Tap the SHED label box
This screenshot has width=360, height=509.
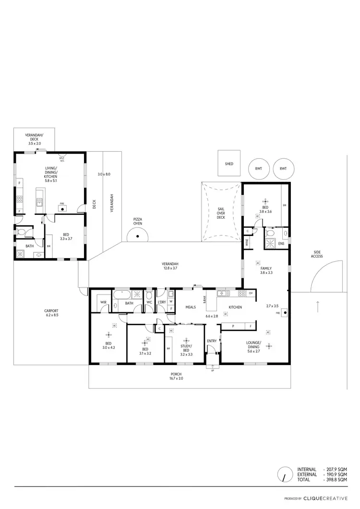pos(229,164)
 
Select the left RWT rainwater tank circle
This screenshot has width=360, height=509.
pos(259,168)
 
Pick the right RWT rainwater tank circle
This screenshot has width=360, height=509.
pos(283,168)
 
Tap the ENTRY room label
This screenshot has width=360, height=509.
pos(212,341)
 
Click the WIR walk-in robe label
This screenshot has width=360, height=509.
pos(103,303)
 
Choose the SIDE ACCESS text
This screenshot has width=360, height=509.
pos(317,254)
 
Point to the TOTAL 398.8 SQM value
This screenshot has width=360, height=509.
pos(336,479)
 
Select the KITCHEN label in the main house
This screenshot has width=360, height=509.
pos(235,307)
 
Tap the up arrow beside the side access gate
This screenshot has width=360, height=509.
pos(317,306)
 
